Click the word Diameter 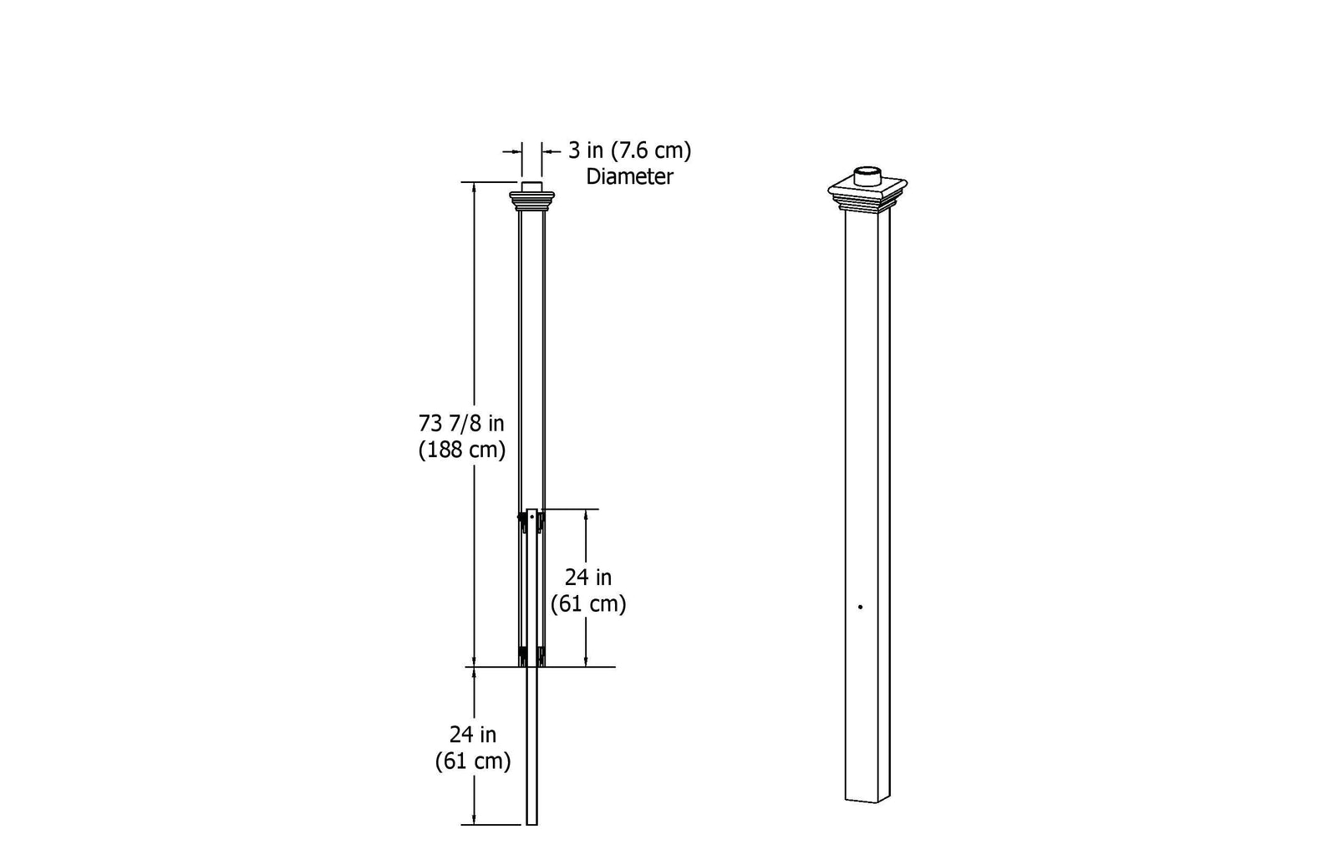pos(629,177)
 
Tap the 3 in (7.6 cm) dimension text pos(629,151)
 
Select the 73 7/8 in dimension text pos(461,423)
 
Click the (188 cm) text pos(462,450)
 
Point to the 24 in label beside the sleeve pos(587,578)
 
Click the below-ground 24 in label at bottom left pos(472,735)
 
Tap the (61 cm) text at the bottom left pos(472,761)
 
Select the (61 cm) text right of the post pos(587,603)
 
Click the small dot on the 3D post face pos(860,607)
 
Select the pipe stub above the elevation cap pos(531,186)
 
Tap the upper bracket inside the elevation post pos(531,522)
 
